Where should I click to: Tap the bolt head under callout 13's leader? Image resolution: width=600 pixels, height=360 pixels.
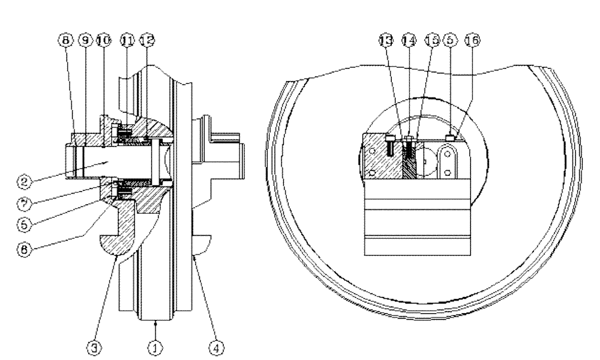click(x=390, y=142)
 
